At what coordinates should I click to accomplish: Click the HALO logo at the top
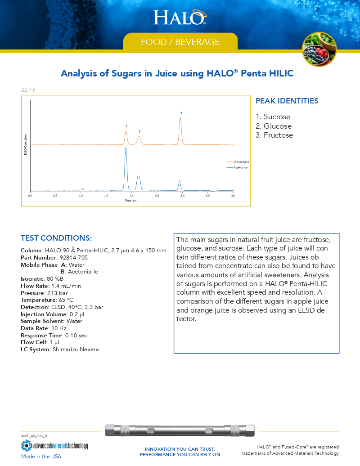[180, 17]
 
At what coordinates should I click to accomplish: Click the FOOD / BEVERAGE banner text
[180, 42]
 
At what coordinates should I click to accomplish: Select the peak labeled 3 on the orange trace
[180, 119]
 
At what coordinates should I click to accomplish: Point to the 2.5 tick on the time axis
[157, 196]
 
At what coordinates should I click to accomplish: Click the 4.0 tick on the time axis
[233, 196]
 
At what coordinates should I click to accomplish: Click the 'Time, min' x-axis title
[131, 201]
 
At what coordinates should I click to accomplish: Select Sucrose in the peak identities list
[277, 117]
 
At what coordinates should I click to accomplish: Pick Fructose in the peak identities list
[278, 135]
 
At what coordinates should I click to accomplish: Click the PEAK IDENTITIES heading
[287, 101]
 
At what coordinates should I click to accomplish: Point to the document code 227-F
[28, 90]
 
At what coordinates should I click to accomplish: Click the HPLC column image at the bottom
[180, 430]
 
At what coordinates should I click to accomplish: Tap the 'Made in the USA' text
[41, 456]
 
